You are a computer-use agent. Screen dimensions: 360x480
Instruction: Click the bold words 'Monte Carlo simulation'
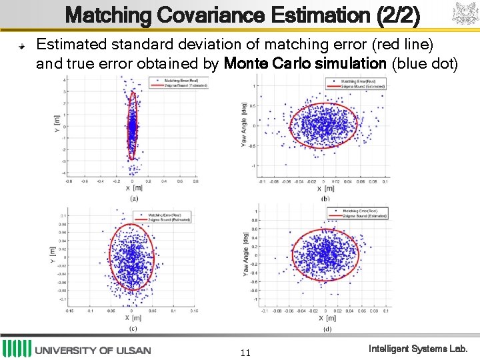tap(305, 64)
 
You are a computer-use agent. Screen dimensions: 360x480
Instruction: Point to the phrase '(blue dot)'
tap(425, 64)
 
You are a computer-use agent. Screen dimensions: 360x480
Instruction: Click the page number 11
tap(245, 352)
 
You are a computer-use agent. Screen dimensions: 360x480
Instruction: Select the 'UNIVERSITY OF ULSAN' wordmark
tap(93, 350)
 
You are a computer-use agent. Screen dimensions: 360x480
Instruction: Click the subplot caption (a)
tap(134, 199)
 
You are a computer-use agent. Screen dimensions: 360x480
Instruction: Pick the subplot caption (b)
tap(325, 198)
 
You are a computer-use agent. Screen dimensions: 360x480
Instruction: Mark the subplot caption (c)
tap(134, 328)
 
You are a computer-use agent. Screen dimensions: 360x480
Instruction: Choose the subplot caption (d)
tap(326, 328)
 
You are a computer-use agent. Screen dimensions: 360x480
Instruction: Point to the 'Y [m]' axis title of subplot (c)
tap(53, 251)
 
